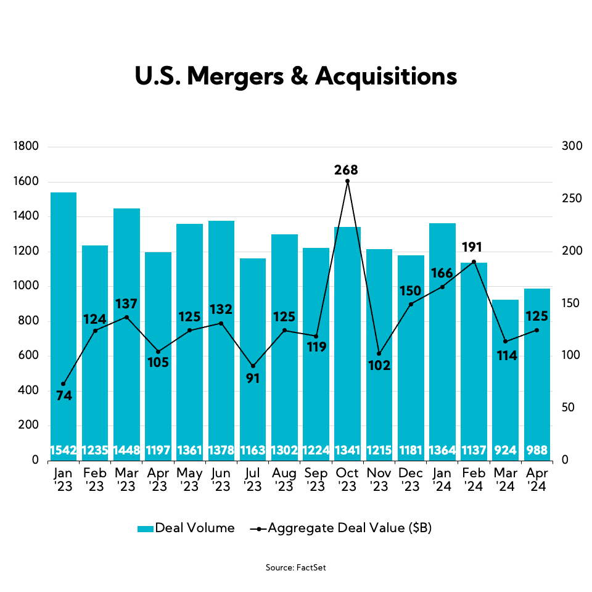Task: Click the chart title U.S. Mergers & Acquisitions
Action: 296,76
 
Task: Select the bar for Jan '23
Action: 64,321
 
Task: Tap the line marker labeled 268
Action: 348,181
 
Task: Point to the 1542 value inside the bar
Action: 64,450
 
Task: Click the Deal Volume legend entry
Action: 186,528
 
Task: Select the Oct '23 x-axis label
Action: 347,479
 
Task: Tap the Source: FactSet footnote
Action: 296,567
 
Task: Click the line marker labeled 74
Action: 64,384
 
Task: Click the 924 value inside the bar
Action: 506,450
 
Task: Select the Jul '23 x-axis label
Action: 253,479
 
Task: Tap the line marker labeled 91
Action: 253,366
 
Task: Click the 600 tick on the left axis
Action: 28,356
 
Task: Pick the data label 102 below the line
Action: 379,366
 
